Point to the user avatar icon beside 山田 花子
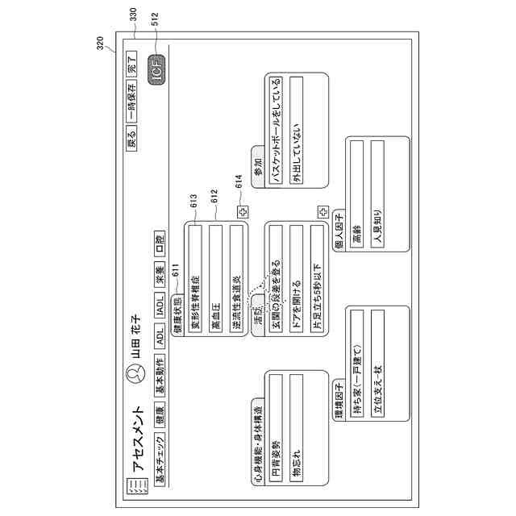[x=135, y=372]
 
